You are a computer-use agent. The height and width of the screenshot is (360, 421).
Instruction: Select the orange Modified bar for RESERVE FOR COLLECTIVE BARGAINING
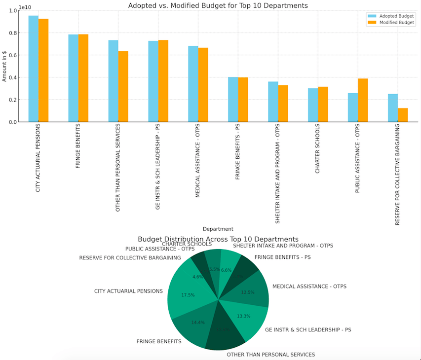pos(403,115)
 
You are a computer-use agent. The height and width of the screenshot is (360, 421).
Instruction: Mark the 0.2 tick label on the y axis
pos(11,100)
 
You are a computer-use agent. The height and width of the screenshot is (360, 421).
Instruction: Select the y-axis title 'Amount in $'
pos(4,66)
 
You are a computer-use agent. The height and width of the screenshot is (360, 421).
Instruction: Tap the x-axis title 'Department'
pos(218,229)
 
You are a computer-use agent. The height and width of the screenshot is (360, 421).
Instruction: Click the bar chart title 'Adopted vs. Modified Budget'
pos(218,5)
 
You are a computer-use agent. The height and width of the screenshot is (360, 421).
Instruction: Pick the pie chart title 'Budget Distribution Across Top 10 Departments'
pos(218,239)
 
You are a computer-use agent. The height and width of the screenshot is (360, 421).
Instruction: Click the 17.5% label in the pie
pos(188,295)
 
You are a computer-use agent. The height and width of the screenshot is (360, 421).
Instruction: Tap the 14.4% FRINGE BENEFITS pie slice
pos(198,323)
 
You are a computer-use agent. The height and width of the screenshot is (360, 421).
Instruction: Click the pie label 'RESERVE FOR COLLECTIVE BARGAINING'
pos(130,258)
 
